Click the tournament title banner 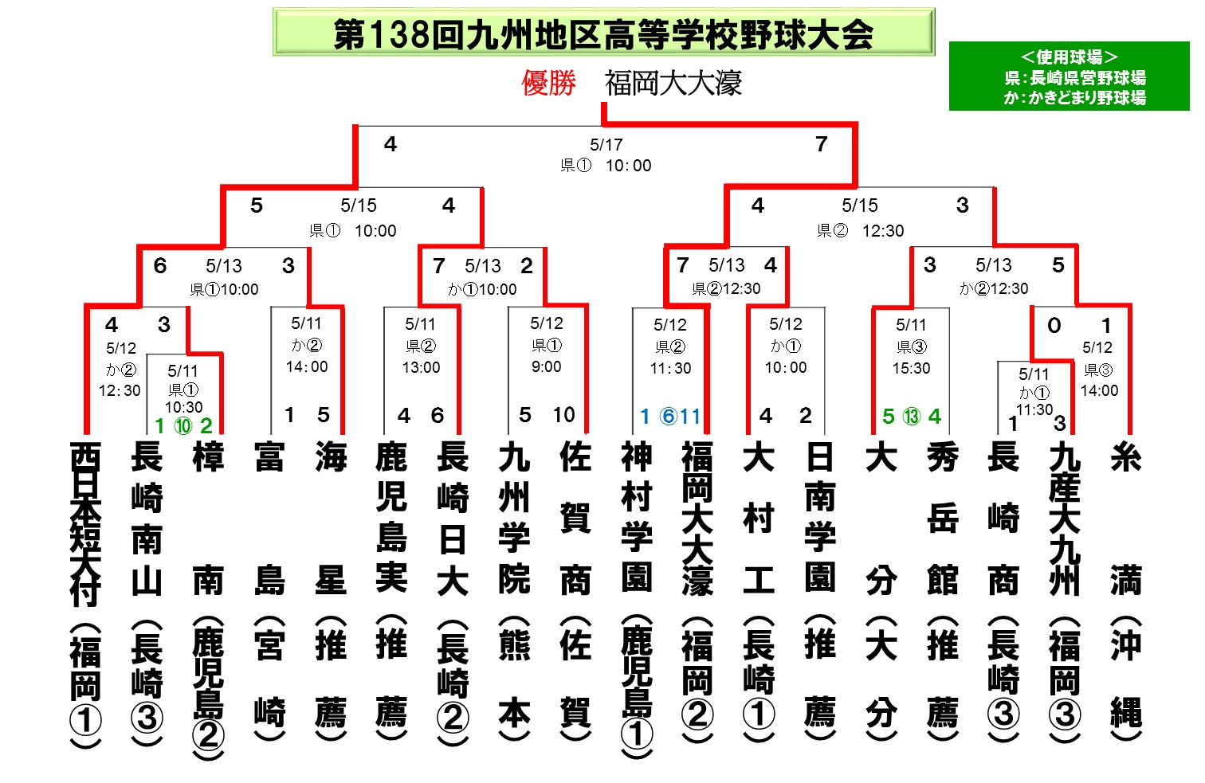(603, 32)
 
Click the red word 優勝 (548, 83)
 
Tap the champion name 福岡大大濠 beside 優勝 (673, 83)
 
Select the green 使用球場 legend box (1069, 76)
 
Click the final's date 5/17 (606, 144)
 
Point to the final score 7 (821, 143)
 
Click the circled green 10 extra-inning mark (183, 426)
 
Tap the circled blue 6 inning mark (668, 416)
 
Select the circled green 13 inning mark (912, 416)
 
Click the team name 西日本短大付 (85, 524)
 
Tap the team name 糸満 (1126, 519)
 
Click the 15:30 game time (911, 368)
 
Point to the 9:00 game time (546, 366)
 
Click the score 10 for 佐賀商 (563, 415)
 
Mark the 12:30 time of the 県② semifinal (883, 230)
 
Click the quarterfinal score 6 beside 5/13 (159, 265)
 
